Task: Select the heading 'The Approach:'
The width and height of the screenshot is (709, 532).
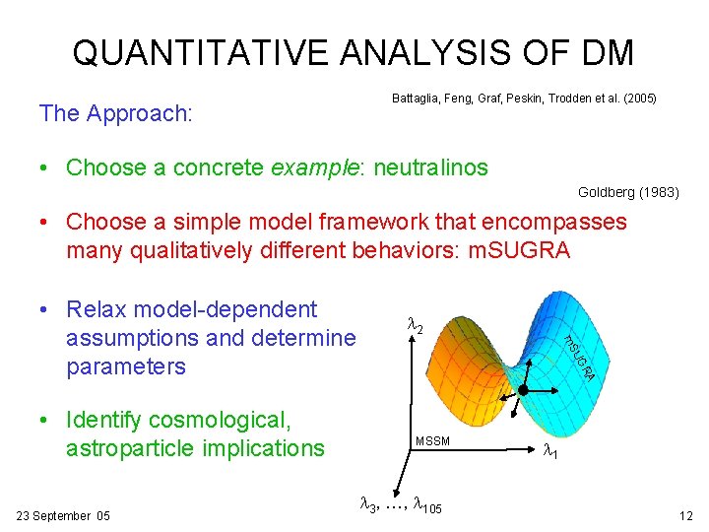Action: click(115, 113)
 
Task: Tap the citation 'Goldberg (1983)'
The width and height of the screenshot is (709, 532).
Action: click(628, 192)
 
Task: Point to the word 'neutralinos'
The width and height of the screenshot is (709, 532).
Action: click(427, 167)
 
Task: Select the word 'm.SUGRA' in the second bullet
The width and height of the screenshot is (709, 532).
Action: click(521, 250)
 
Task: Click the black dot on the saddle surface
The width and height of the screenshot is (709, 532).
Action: click(523, 391)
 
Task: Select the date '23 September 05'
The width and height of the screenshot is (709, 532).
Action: click(64, 515)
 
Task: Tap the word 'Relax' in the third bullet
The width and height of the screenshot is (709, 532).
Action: click(96, 310)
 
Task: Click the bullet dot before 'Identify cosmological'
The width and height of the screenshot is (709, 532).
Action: click(45, 422)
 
